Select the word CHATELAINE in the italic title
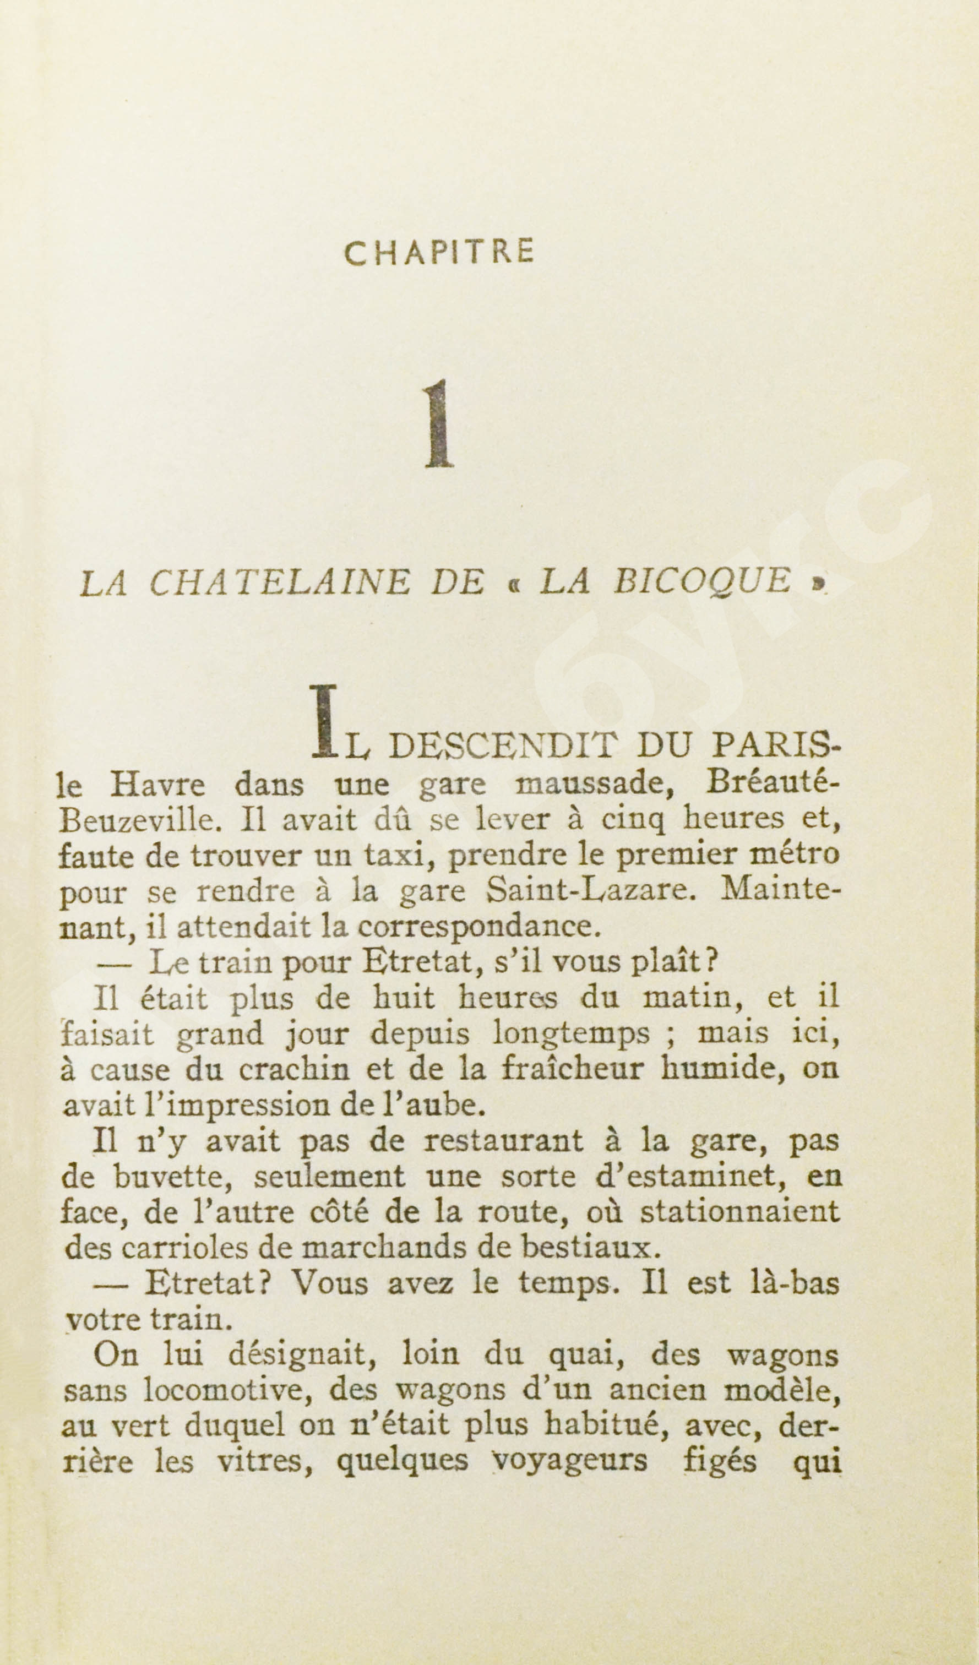pyautogui.click(x=279, y=582)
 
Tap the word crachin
pyautogui.click(x=293, y=1070)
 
